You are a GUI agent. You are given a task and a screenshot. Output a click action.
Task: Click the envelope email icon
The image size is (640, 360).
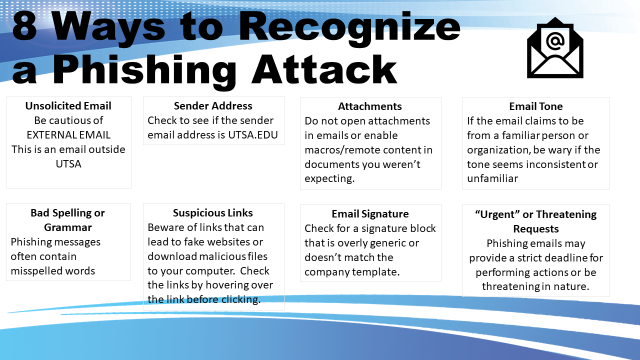point(555,48)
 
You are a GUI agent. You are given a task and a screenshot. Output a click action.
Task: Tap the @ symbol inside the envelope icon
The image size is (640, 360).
point(555,41)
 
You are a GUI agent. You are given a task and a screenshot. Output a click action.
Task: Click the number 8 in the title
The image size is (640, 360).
point(25,26)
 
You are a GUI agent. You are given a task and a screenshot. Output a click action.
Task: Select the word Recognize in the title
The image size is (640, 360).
point(349,29)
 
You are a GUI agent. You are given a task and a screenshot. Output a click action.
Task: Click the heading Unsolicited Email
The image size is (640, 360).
point(68,106)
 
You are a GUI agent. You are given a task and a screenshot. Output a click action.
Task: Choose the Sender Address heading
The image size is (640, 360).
point(213,106)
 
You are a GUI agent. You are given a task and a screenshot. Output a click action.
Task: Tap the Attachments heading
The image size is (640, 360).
point(370,106)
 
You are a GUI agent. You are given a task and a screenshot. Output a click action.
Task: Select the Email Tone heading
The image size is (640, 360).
point(536,106)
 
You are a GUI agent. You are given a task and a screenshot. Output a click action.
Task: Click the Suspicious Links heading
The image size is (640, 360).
point(213,213)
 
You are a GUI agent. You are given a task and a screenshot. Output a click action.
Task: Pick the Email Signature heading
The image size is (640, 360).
point(370,214)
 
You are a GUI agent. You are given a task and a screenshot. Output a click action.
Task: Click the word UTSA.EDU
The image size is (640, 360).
point(253,135)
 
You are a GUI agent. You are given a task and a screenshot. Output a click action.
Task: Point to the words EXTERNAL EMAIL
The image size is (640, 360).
point(68,135)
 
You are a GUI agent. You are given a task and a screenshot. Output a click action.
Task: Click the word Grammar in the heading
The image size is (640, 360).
point(68,227)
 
